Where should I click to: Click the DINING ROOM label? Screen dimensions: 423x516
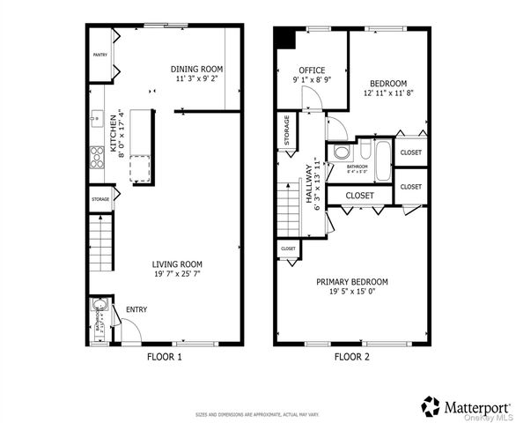pos(196,69)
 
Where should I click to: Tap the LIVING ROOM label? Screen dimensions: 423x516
pos(177,263)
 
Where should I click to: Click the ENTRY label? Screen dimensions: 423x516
pos(136,309)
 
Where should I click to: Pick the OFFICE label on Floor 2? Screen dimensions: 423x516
pos(312,70)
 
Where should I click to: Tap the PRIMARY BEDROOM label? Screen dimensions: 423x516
pos(352,282)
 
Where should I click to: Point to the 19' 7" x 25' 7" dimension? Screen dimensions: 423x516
pos(177,274)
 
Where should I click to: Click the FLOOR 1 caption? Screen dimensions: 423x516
pos(164,357)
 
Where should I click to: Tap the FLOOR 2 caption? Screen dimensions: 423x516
pos(353,357)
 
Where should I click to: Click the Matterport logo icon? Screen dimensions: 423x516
pos(431,406)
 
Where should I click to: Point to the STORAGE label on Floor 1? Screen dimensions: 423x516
pos(100,199)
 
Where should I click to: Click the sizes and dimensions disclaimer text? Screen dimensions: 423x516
pos(257,413)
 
